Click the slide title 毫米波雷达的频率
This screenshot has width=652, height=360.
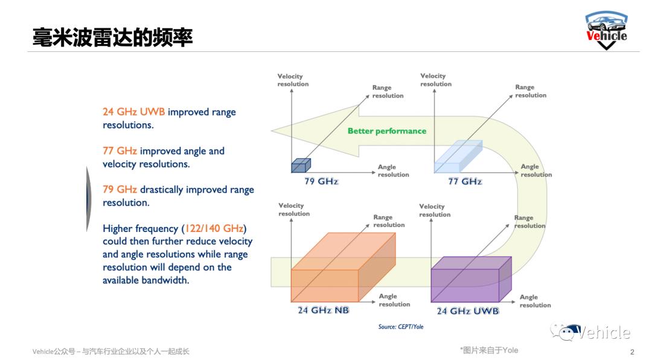[113, 37]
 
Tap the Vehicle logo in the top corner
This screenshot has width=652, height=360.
[607, 30]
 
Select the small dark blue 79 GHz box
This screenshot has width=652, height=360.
[301, 166]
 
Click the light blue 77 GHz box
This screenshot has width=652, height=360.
[458, 156]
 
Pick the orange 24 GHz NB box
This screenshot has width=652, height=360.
[343, 267]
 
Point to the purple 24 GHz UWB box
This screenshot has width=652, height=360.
[471, 279]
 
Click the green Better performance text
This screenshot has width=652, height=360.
[387, 131]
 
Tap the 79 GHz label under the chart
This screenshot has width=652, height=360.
[321, 181]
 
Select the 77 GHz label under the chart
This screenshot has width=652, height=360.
[465, 181]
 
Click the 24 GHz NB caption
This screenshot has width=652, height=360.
[323, 310]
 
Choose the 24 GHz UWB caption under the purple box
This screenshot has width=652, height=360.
[467, 311]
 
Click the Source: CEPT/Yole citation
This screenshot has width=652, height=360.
[401, 327]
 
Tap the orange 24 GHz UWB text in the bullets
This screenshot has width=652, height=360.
[134, 112]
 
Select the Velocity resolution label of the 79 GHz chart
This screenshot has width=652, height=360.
[293, 80]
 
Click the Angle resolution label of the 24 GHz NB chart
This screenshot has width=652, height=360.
[394, 300]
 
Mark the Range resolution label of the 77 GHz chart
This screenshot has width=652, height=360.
[531, 91]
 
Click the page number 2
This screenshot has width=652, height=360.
[633, 352]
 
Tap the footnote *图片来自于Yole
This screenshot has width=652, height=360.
[489, 350]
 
